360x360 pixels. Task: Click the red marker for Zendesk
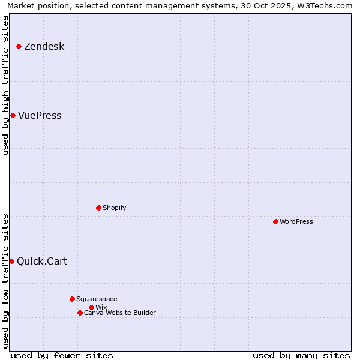tap(19, 46)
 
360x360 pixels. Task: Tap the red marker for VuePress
tap(13, 115)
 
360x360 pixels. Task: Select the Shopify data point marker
tap(98, 208)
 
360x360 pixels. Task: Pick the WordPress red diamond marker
tap(275, 221)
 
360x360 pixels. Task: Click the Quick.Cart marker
tap(11, 261)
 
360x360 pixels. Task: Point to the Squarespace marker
tap(72, 299)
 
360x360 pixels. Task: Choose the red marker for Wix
tap(91, 307)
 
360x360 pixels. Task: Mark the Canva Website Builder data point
tap(80, 313)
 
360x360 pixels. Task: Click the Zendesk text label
tap(44, 47)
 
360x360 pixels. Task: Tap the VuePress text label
tap(40, 116)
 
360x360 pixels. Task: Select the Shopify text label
tap(114, 208)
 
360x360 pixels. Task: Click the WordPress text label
tap(296, 221)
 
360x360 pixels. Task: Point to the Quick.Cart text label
tap(42, 261)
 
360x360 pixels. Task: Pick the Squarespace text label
tap(97, 299)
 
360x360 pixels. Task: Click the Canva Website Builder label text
tap(120, 313)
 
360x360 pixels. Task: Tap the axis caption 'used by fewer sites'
tap(62, 356)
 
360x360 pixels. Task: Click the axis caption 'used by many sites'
tap(301, 356)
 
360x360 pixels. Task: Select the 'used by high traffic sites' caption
tap(6, 86)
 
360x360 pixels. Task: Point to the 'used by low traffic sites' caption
tap(6, 281)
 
